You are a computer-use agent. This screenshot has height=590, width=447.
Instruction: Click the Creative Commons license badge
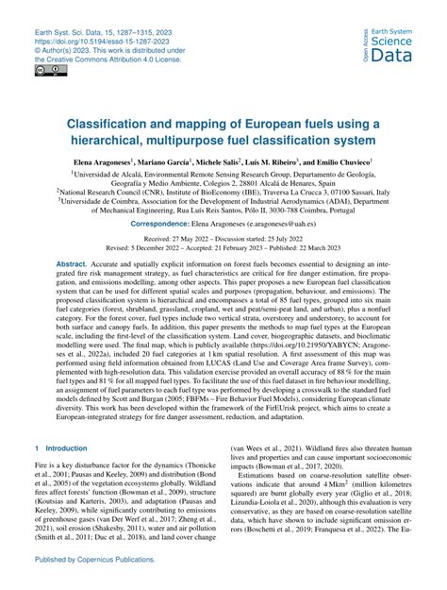pyautogui.click(x=44, y=71)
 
